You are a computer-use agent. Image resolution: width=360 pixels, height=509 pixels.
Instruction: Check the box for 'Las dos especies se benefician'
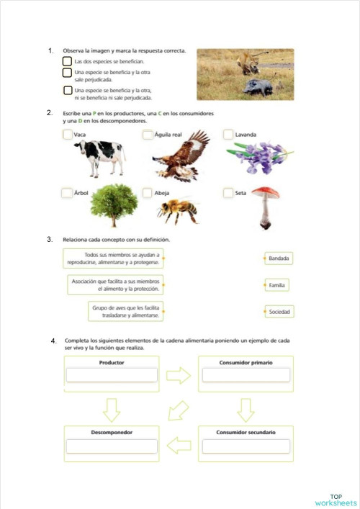[67, 62]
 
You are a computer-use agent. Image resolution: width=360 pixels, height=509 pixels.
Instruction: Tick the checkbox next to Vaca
[67, 135]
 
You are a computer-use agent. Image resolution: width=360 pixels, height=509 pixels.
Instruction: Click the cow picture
[102, 157]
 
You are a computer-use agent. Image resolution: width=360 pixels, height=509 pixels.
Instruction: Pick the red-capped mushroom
[266, 205]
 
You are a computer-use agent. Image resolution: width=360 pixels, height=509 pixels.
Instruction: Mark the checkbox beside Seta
[228, 193]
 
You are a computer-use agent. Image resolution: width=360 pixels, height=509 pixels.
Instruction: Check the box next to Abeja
[148, 193]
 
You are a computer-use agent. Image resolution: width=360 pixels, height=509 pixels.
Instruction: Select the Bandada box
[278, 258]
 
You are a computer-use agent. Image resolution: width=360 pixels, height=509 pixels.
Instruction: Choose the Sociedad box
[279, 312]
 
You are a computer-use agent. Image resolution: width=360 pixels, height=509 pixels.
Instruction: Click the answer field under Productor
[112, 375]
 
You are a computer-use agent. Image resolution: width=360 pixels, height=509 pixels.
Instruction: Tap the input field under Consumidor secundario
[246, 446]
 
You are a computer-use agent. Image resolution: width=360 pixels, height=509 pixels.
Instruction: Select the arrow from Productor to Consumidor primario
[178, 375]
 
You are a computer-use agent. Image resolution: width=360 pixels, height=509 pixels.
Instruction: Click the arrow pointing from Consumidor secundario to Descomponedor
[178, 440]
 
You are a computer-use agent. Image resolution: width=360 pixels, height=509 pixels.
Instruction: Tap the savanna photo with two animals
[245, 75]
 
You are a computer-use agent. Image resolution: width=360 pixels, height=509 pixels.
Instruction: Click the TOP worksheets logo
[336, 500]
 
